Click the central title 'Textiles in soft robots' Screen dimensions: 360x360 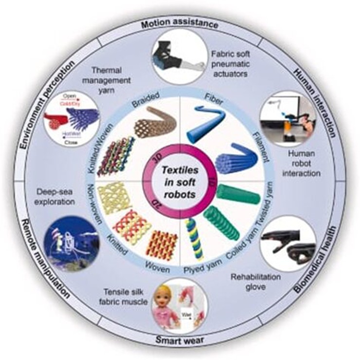(x=179, y=180)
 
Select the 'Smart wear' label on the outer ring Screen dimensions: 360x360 (x=179, y=340)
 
